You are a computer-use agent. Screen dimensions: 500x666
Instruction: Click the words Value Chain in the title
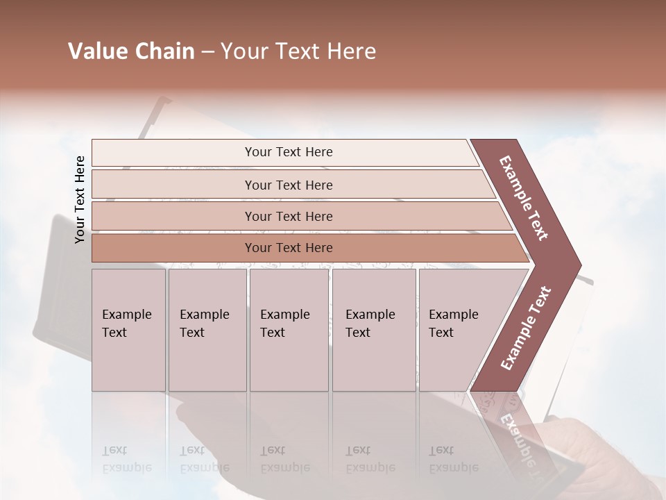131,51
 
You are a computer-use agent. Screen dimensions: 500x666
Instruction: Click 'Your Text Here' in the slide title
298,51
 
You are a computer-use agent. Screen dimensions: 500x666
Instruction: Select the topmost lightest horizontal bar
288,152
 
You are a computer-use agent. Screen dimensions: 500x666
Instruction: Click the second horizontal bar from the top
288,185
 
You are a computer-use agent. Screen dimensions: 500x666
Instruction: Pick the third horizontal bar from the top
288,217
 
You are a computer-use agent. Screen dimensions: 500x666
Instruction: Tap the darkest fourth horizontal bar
288,248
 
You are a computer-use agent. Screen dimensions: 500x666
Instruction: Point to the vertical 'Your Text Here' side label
80,200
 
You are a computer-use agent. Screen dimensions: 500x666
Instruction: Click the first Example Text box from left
128,330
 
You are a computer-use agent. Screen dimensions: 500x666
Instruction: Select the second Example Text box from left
207,330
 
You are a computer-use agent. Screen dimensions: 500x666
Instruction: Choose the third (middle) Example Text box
289,330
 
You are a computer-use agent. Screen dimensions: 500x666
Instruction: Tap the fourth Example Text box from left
373,330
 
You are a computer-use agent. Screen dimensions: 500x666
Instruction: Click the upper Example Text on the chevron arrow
524,198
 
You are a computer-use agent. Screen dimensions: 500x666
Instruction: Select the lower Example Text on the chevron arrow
526,328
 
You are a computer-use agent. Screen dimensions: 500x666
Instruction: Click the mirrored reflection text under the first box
126,459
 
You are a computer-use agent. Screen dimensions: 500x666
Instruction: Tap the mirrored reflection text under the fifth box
453,459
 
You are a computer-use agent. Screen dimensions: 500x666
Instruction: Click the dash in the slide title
207,51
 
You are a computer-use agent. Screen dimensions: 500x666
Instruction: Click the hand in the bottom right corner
610,451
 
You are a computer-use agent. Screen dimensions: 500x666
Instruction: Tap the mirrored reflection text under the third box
284,459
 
